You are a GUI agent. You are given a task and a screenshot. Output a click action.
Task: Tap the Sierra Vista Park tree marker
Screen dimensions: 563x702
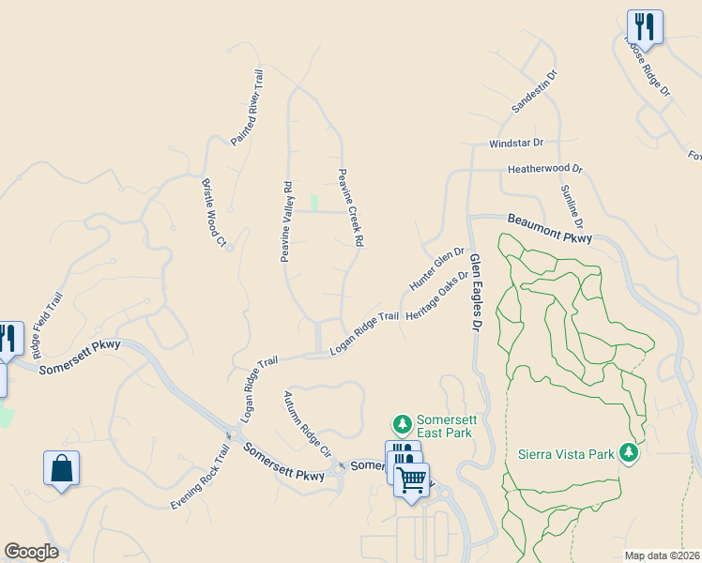coord(629,454)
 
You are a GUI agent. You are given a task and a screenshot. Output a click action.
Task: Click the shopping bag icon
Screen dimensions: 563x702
coord(61,467)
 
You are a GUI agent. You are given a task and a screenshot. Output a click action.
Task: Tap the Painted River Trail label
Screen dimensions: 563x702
coord(248,108)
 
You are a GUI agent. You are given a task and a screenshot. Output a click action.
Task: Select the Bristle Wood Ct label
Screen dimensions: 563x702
coord(214,214)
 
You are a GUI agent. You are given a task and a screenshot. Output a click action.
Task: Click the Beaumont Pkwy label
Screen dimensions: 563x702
coord(550,230)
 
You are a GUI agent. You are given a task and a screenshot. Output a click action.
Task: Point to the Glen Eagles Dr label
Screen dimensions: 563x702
coord(474,292)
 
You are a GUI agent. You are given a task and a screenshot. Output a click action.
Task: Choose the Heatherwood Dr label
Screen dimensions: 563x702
coord(545,170)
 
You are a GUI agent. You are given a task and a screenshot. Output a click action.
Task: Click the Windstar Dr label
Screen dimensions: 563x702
coord(516,144)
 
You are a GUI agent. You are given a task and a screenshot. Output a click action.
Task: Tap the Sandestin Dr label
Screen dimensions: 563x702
coord(534,91)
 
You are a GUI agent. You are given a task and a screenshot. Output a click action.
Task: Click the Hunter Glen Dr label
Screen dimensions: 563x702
coord(437,268)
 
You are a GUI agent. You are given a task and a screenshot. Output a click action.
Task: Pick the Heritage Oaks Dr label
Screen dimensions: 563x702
coord(436,296)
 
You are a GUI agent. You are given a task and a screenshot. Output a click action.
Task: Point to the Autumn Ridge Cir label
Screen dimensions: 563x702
coord(308,423)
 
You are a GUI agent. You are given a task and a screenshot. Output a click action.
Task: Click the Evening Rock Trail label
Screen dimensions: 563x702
coord(200,479)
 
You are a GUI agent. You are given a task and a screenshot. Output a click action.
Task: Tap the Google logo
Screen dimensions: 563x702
coord(31,552)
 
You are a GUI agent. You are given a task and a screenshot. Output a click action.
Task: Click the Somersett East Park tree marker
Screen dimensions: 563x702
coord(403,426)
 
